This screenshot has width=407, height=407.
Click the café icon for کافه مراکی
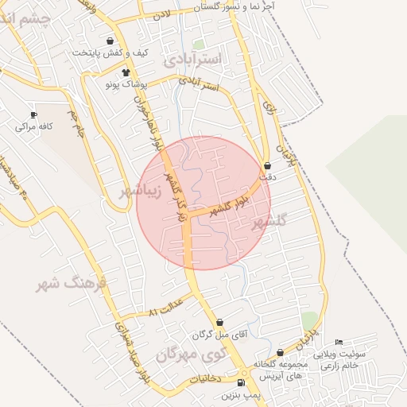[33, 114]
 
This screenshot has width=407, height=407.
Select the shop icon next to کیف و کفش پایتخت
[109, 40]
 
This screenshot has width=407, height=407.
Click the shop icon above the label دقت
[266, 166]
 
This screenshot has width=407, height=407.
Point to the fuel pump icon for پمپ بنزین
[241, 382]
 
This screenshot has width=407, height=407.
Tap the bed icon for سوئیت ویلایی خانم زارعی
[339, 342]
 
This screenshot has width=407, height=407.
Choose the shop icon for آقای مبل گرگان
[220, 323]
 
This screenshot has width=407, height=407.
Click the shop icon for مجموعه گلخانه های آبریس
[280, 353]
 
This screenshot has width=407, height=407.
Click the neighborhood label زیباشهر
[141, 192]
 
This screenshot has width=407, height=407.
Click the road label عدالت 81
[165, 308]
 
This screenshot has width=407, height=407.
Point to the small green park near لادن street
[198, 45]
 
